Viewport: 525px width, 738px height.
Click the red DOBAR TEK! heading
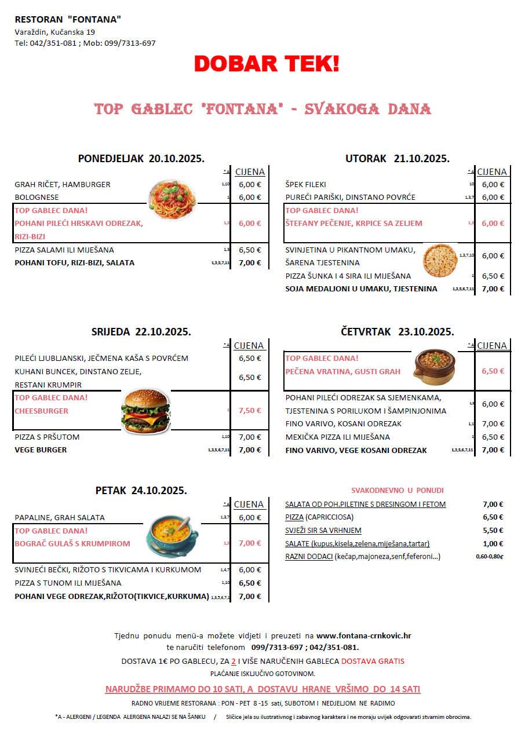pyautogui.click(x=267, y=64)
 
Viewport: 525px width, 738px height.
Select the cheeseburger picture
pyautogui.click(x=145, y=411)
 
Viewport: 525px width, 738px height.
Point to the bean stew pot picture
pyautogui.click(x=435, y=367)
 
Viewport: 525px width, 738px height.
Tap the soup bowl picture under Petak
pyautogui.click(x=171, y=536)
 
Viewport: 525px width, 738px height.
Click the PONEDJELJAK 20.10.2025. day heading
pyautogui.click(x=141, y=158)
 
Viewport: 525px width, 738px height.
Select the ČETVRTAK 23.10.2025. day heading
pyautogui.click(x=397, y=332)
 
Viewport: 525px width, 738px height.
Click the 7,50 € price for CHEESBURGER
pyautogui.click(x=250, y=411)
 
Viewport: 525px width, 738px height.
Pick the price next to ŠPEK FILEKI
pyautogui.click(x=493, y=185)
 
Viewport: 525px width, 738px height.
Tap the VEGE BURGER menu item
pyautogui.click(x=41, y=450)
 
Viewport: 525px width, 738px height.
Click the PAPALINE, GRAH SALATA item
pyautogui.click(x=60, y=518)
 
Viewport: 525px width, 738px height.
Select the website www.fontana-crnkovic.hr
pyautogui.click(x=363, y=635)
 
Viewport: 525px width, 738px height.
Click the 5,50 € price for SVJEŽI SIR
pyautogui.click(x=493, y=531)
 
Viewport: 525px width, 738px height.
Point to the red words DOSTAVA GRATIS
pyautogui.click(x=373, y=661)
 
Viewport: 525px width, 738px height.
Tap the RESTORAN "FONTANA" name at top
pyautogui.click(x=68, y=20)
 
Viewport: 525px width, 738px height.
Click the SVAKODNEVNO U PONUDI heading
pyautogui.click(x=398, y=490)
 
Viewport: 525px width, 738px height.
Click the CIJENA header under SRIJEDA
pyautogui.click(x=249, y=346)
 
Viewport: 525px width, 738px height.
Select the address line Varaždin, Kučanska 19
pyautogui.click(x=55, y=32)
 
